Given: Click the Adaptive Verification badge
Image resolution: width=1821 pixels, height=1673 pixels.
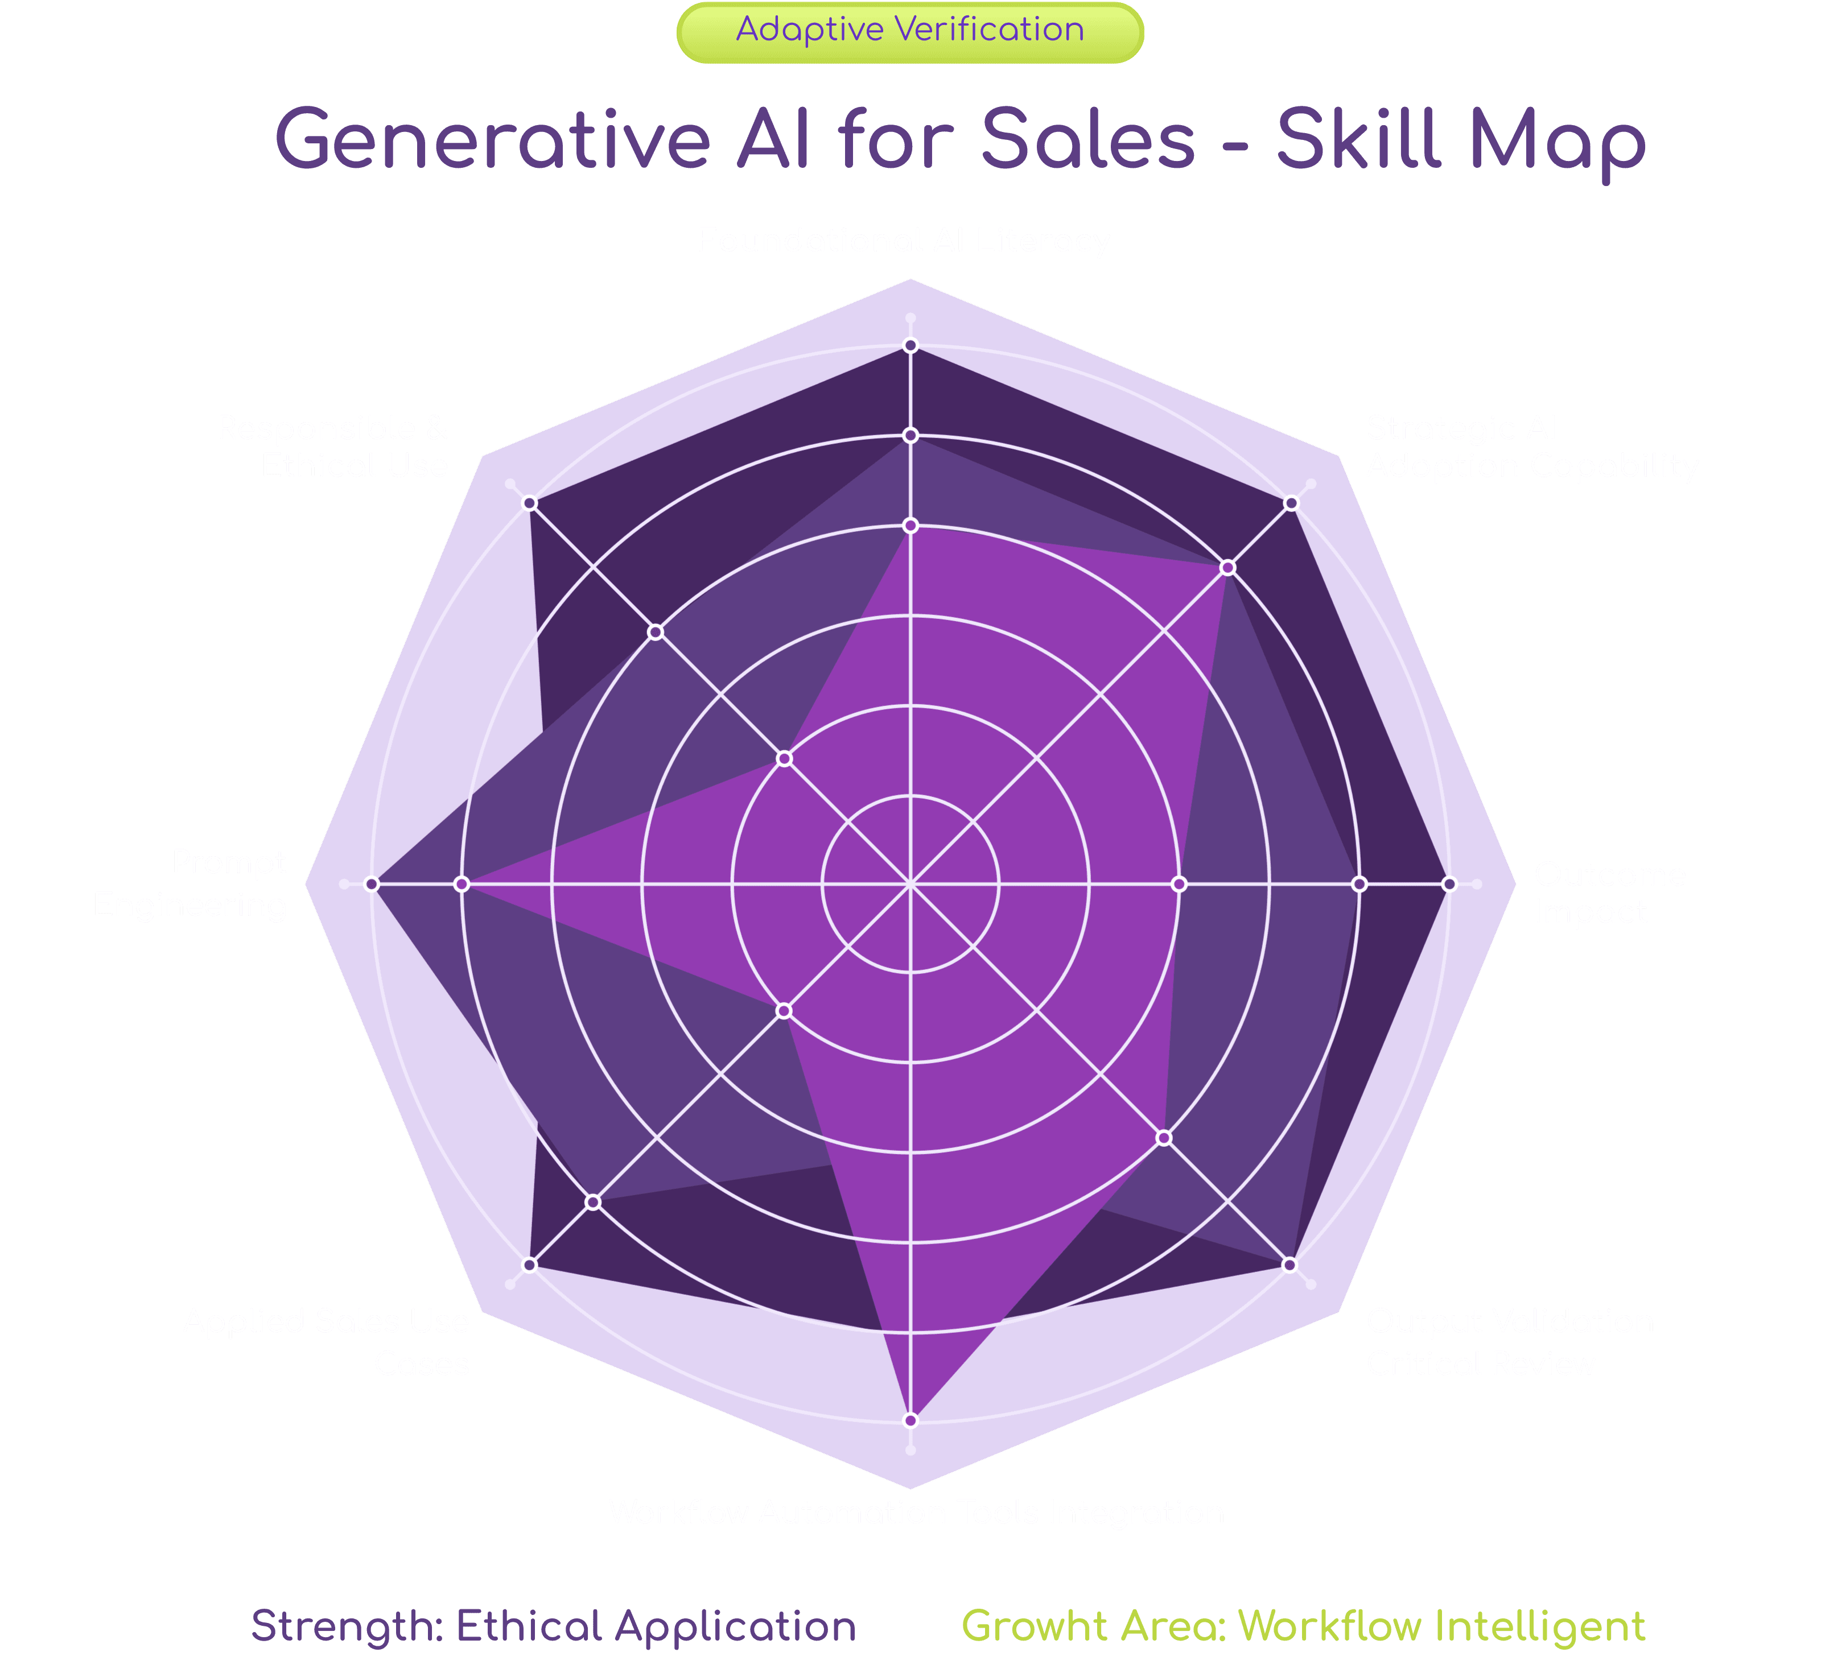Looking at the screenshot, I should coord(910,32).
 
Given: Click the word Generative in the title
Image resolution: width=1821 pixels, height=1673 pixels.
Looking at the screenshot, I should coord(493,141).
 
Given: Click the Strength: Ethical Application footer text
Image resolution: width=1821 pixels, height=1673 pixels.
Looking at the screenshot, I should coord(553,1626).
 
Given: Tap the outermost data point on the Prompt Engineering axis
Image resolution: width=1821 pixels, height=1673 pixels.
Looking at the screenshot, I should coord(371,883).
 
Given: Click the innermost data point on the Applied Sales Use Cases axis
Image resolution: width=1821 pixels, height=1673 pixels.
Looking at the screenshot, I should coord(785,1009).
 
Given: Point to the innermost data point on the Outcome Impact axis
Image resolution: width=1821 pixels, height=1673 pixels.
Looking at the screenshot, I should coord(1179,883).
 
